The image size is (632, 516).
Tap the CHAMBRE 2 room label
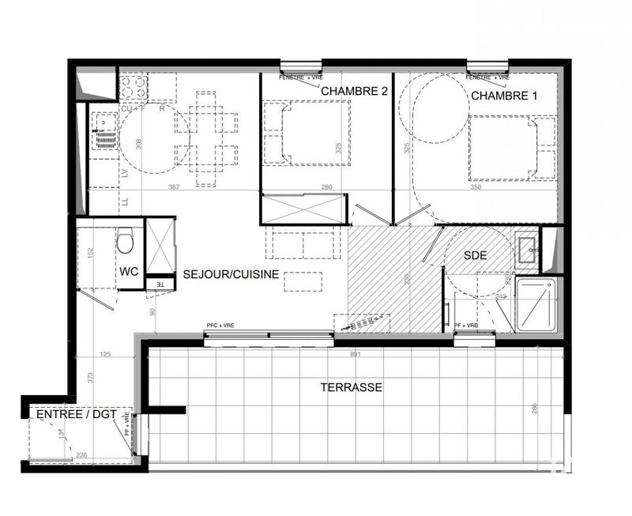coord(354,92)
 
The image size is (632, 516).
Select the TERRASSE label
coord(352,388)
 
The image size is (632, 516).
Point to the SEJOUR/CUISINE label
coord(230,273)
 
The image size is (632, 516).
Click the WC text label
coord(130,271)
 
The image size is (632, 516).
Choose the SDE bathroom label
coord(476,255)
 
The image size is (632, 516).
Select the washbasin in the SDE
coord(528,247)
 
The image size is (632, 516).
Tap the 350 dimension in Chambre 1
coord(475,187)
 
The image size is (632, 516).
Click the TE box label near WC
coord(159,284)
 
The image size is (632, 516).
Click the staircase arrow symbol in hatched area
coord(363,323)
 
